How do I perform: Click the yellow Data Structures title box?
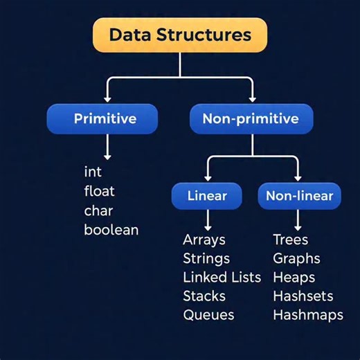tap(179, 35)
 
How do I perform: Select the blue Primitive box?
tap(105, 118)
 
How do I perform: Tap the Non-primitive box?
tap(251, 118)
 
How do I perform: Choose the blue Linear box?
tap(207, 196)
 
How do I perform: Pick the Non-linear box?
tap(299, 196)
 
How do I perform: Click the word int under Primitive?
tap(93, 171)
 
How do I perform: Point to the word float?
tap(99, 190)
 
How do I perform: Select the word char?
tap(98, 210)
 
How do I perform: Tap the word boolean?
tap(111, 230)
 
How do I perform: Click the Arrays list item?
tap(204, 240)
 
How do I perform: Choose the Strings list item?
tap(206, 259)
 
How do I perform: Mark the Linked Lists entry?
tap(222, 278)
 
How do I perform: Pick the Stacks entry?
tap(204, 296)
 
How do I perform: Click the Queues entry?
tap(208, 315)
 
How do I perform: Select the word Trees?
tap(291, 240)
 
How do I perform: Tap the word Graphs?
tap(296, 259)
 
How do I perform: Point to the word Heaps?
tap(294, 278)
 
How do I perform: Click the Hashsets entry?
tap(303, 296)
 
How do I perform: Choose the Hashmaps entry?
tap(308, 315)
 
